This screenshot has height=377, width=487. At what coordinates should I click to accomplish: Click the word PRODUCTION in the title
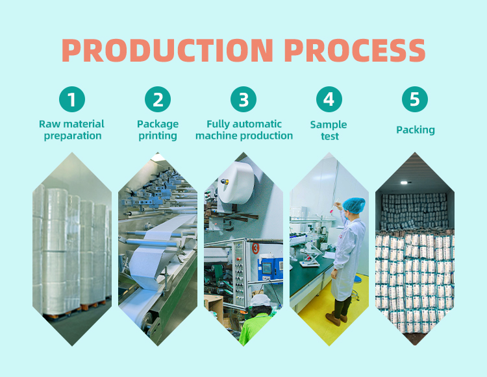pos(168,50)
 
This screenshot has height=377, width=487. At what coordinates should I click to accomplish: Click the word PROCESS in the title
pos(355,50)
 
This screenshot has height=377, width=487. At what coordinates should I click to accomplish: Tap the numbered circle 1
pos(72,99)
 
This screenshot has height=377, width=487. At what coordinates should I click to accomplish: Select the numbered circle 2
pos(158,99)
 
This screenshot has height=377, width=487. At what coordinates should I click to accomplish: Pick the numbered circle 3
pos(243,99)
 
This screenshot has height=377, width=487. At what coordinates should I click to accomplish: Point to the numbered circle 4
pos(329,99)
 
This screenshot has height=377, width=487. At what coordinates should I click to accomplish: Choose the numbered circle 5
pos(415,99)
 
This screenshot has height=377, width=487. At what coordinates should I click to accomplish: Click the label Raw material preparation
pos(71,130)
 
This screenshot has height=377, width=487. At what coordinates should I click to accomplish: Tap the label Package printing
pos(158,130)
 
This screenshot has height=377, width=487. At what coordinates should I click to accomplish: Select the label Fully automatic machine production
pos(244,130)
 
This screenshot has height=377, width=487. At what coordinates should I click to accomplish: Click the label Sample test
pos(329,130)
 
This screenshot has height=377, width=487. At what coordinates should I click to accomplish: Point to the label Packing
pos(416,130)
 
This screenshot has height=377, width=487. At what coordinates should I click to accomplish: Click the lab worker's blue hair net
pos(354,205)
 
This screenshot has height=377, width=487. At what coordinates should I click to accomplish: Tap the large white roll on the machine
pos(237,183)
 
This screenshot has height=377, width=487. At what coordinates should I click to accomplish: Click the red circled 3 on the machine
pos(255,249)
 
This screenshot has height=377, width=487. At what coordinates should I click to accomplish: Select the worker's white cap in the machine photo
pos(260,300)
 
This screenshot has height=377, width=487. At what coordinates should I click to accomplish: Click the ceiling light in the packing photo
pos(404,183)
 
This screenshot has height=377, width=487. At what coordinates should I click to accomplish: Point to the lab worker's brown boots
pos(336,319)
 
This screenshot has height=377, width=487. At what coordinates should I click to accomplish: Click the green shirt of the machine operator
pos(255,329)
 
